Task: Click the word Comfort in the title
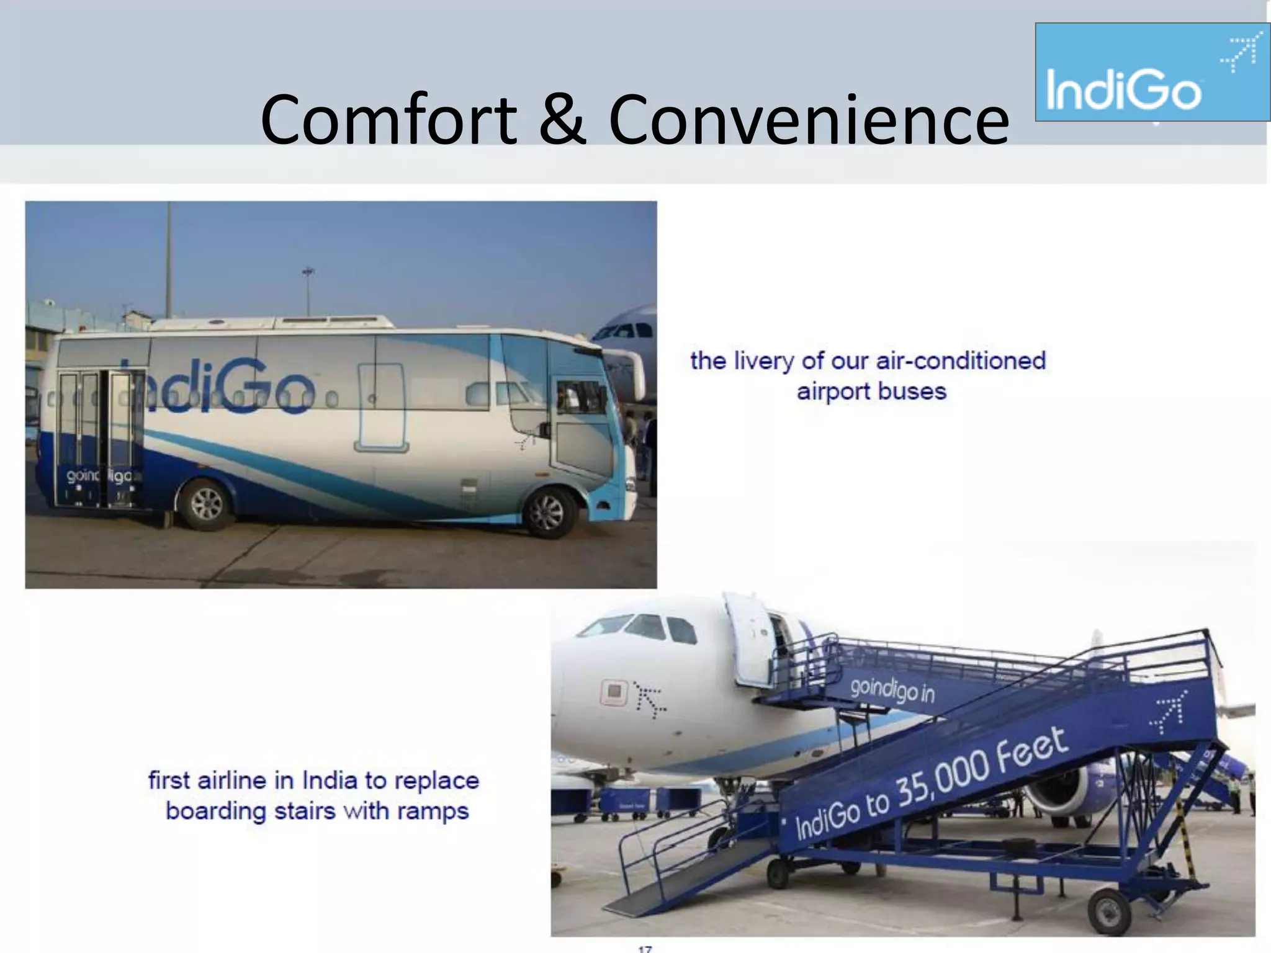(388, 119)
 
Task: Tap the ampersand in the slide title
(562, 119)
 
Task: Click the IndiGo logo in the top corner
(1152, 72)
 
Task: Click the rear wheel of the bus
(206, 503)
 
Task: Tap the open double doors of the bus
(99, 437)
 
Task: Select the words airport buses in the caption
(871, 391)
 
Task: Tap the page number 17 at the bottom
(645, 948)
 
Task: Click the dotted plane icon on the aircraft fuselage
(650, 700)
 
